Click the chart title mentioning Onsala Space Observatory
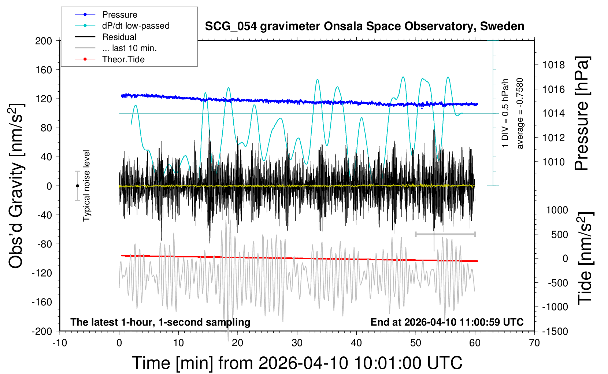[364, 26]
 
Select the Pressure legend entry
[119, 15]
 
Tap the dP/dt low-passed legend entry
[136, 26]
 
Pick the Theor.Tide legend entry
[123, 59]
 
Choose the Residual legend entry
[119, 37]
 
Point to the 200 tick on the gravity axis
[44, 41]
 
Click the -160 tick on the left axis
[42, 302]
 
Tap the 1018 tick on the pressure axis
[553, 65]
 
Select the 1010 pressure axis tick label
[553, 162]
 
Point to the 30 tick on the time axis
[297, 343]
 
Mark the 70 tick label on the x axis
[534, 343]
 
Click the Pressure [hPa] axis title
[582, 113]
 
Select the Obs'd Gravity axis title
[17, 186]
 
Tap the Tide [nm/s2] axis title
[585, 258]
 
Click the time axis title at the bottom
[297, 363]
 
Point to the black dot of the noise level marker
[77, 186]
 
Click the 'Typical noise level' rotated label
[86, 186]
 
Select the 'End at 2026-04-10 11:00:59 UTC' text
[447, 322]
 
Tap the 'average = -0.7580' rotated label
[520, 113]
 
